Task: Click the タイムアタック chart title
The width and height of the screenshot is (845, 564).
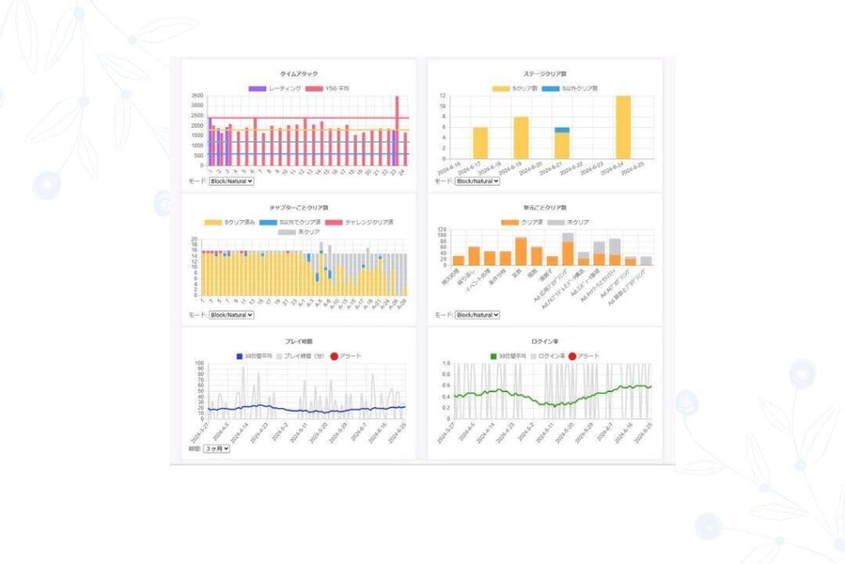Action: pos(298,73)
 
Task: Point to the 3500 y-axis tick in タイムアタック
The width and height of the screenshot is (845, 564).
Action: pos(197,96)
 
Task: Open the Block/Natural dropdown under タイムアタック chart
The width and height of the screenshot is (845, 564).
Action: pos(231,180)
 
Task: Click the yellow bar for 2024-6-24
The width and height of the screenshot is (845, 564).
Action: pos(623,127)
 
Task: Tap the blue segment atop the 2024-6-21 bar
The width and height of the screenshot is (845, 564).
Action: pos(562,130)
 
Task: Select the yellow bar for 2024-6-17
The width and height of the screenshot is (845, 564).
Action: pos(480,143)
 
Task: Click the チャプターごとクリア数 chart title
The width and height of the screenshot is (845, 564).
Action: pos(298,209)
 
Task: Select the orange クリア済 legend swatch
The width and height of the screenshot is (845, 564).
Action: pos(507,223)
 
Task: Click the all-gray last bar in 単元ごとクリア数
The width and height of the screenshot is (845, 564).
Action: pos(647,261)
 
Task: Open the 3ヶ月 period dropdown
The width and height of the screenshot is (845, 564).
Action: pos(218,449)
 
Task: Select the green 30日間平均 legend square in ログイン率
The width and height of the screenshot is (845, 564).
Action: pos(493,356)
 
